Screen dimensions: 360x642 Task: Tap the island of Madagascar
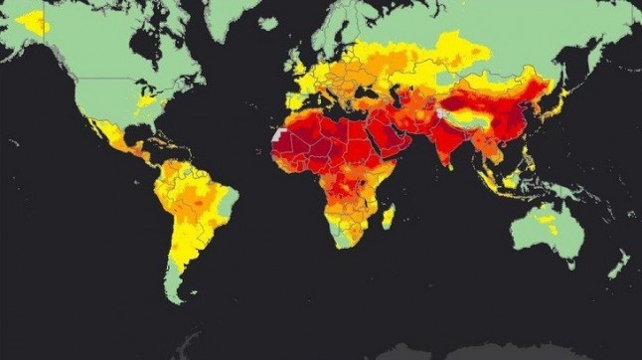(x=389, y=216)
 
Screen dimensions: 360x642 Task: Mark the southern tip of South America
(x=175, y=293)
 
